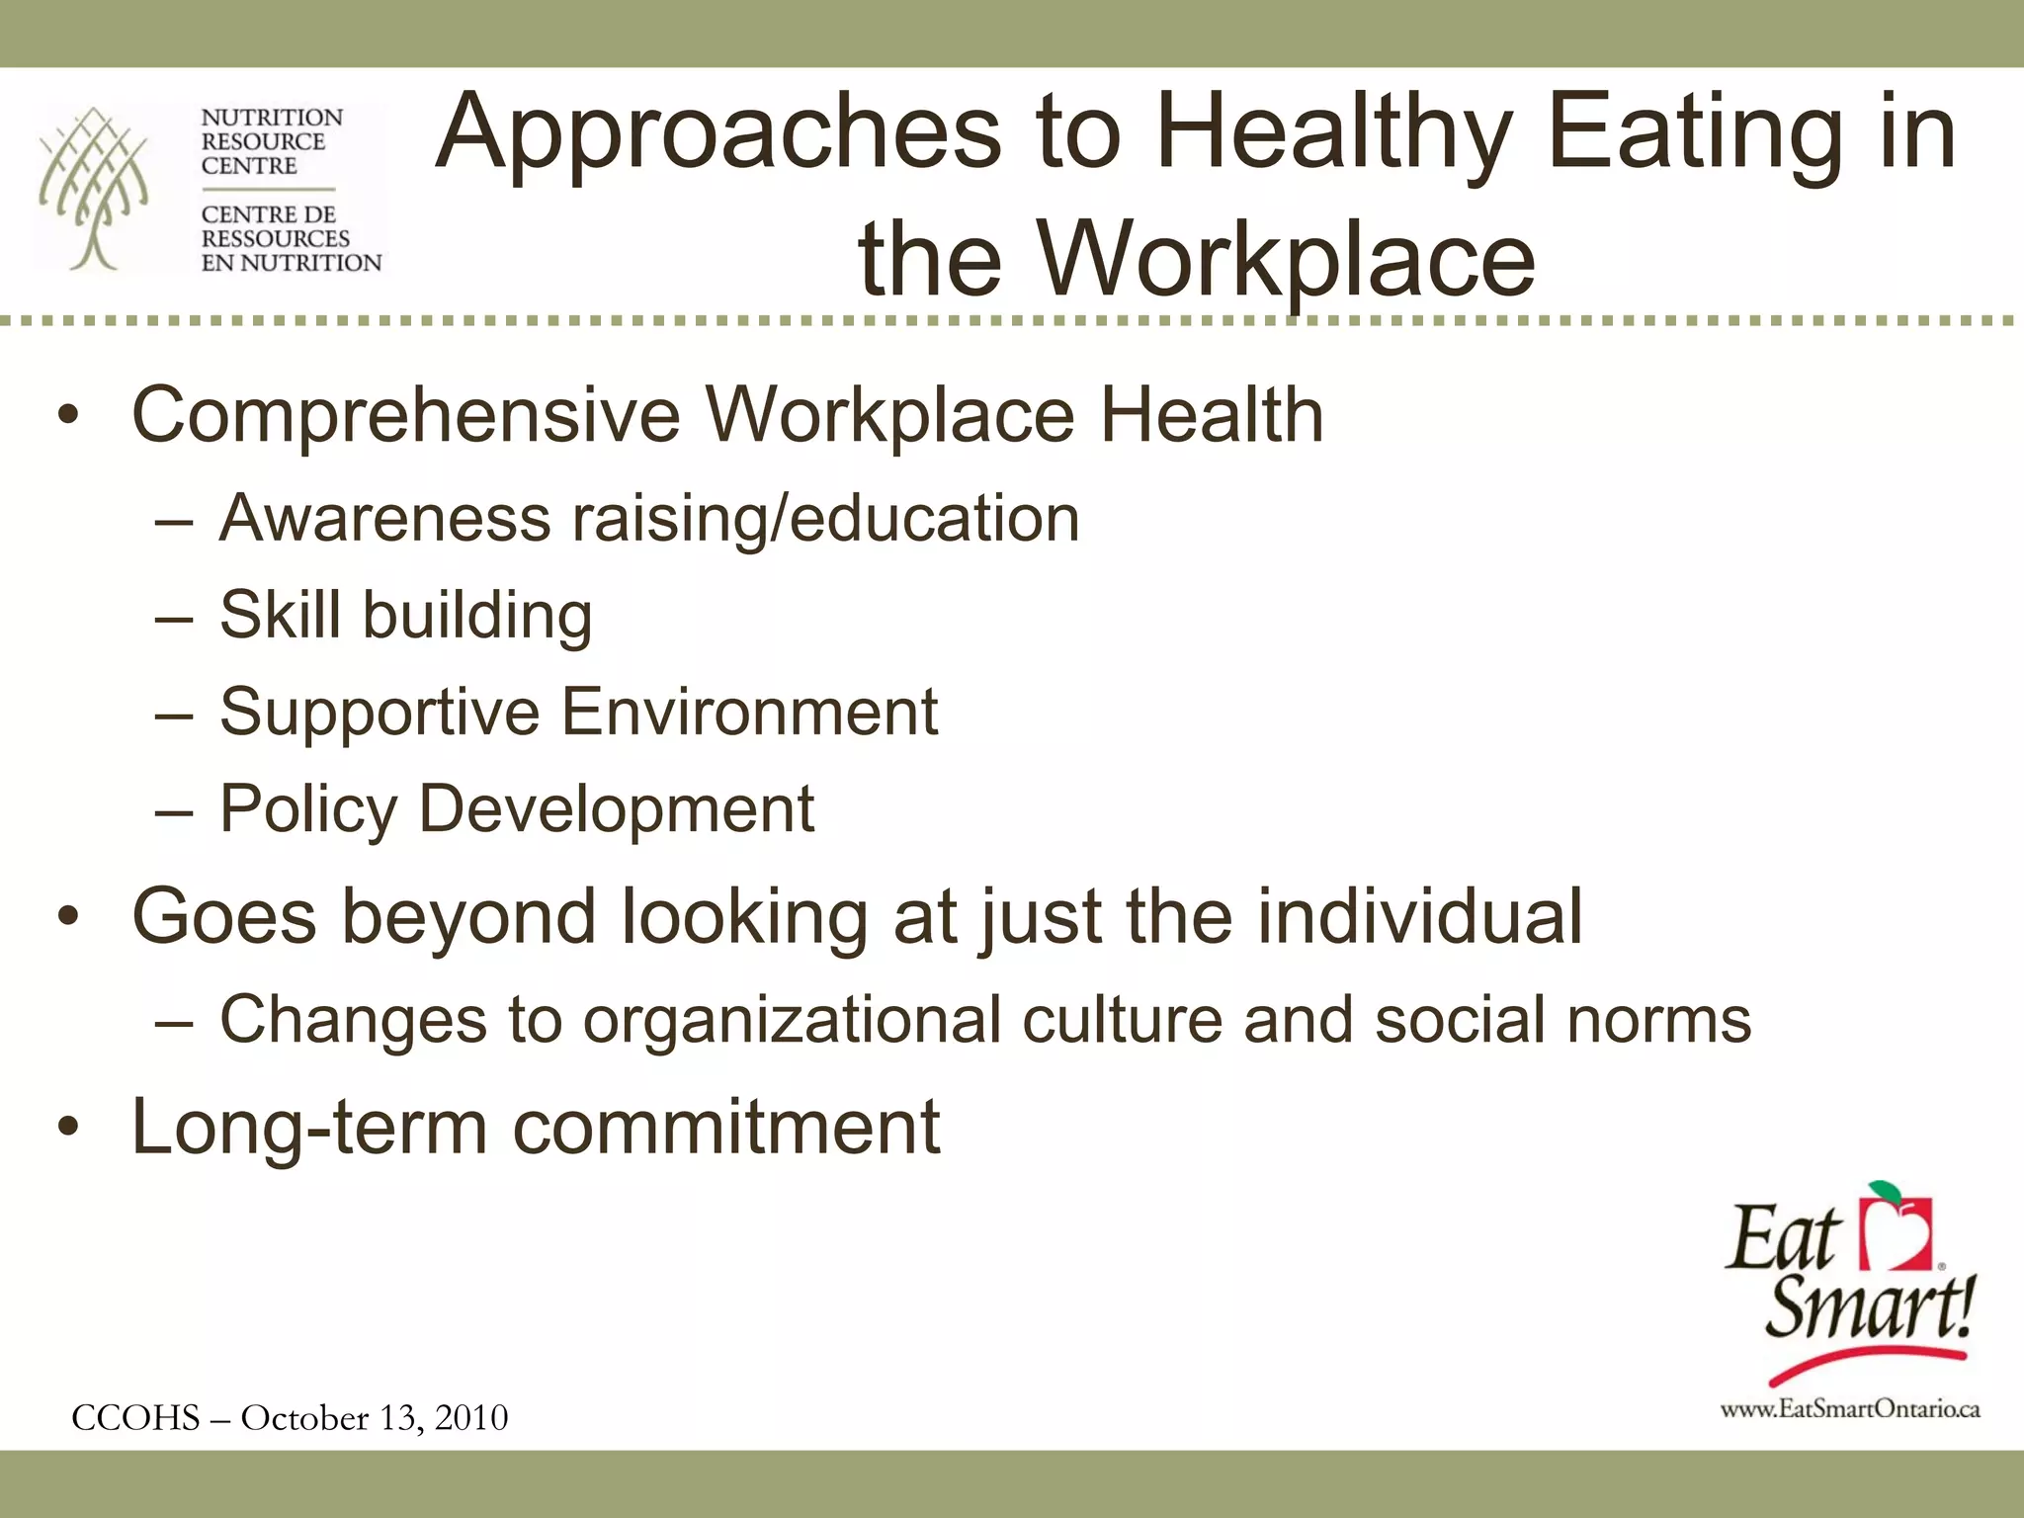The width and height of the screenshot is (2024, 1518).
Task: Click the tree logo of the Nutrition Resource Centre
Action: pyautogui.click(x=94, y=188)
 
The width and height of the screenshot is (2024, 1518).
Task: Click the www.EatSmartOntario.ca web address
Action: pyautogui.click(x=1849, y=1409)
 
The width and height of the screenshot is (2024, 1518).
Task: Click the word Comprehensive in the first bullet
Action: pyautogui.click(x=406, y=415)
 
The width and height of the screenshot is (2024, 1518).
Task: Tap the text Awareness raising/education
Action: pyautogui.click(x=649, y=518)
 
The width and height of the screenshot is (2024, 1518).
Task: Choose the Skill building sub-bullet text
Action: pyautogui.click(x=406, y=615)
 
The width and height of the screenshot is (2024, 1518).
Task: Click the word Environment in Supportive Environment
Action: pyautogui.click(x=749, y=712)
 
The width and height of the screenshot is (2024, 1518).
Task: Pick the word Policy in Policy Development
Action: pyautogui.click(x=307, y=809)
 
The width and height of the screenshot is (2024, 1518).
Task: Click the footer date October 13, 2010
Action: pyautogui.click(x=375, y=1417)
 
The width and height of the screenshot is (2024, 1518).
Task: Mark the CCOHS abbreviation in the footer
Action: pyautogui.click(x=135, y=1417)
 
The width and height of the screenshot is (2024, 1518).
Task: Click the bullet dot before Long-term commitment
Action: pyautogui.click(x=67, y=1127)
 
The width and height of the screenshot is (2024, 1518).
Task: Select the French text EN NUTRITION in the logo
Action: pyautogui.click(x=292, y=263)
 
